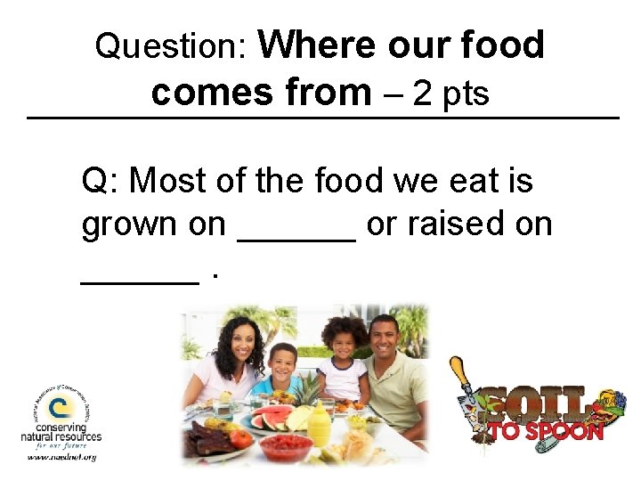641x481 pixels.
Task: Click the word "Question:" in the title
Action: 170,45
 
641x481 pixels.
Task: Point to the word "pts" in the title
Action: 466,95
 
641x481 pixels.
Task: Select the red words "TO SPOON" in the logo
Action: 545,432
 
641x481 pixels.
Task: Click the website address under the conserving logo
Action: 61,457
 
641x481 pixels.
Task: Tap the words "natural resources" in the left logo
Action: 61,436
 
